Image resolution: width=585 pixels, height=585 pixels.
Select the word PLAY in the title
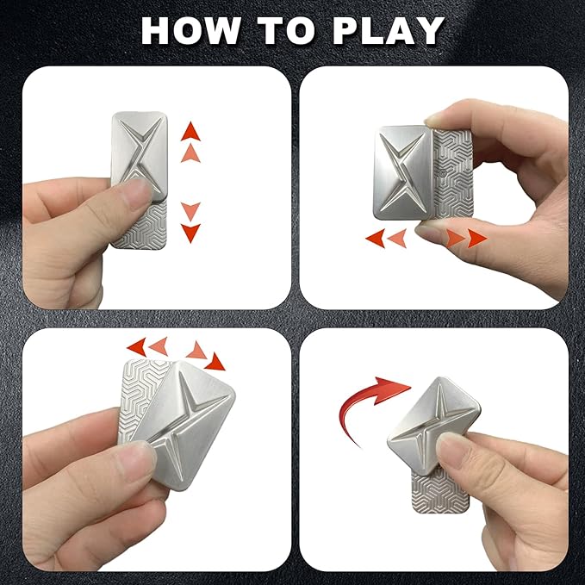coord(391,31)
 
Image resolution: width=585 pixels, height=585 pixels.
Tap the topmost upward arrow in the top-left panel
coord(190,132)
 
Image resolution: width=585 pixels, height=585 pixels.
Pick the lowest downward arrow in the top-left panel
coord(190,233)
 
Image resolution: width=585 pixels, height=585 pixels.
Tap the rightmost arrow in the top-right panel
coord(476,239)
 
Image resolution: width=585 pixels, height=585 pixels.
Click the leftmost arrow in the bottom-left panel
coord(136,346)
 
